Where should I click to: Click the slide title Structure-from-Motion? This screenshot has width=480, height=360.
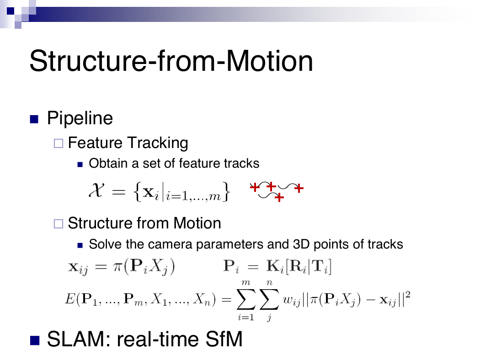pos(171,61)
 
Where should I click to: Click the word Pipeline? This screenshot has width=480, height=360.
pos(80,118)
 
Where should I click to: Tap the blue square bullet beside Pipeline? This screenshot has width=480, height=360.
pos(34,119)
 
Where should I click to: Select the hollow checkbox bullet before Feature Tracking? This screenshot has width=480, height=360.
pos(59,143)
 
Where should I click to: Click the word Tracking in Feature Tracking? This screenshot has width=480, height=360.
pos(158,143)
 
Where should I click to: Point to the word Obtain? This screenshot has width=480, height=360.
pos(108,164)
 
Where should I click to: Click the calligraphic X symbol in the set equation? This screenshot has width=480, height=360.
pos(96,190)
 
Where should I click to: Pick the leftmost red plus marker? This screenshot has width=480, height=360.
pos(255,187)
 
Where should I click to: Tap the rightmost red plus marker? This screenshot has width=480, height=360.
pos(299,188)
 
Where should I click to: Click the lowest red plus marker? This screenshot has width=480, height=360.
pos(279,197)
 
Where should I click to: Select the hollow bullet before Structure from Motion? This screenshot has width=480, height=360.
pos(59,223)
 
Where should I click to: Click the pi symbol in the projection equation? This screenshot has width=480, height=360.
pos(118,267)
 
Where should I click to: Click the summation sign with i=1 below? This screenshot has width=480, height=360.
pos(246,299)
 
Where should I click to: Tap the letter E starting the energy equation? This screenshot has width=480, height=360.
pos(70,298)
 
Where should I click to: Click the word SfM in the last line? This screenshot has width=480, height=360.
pos(224,339)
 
